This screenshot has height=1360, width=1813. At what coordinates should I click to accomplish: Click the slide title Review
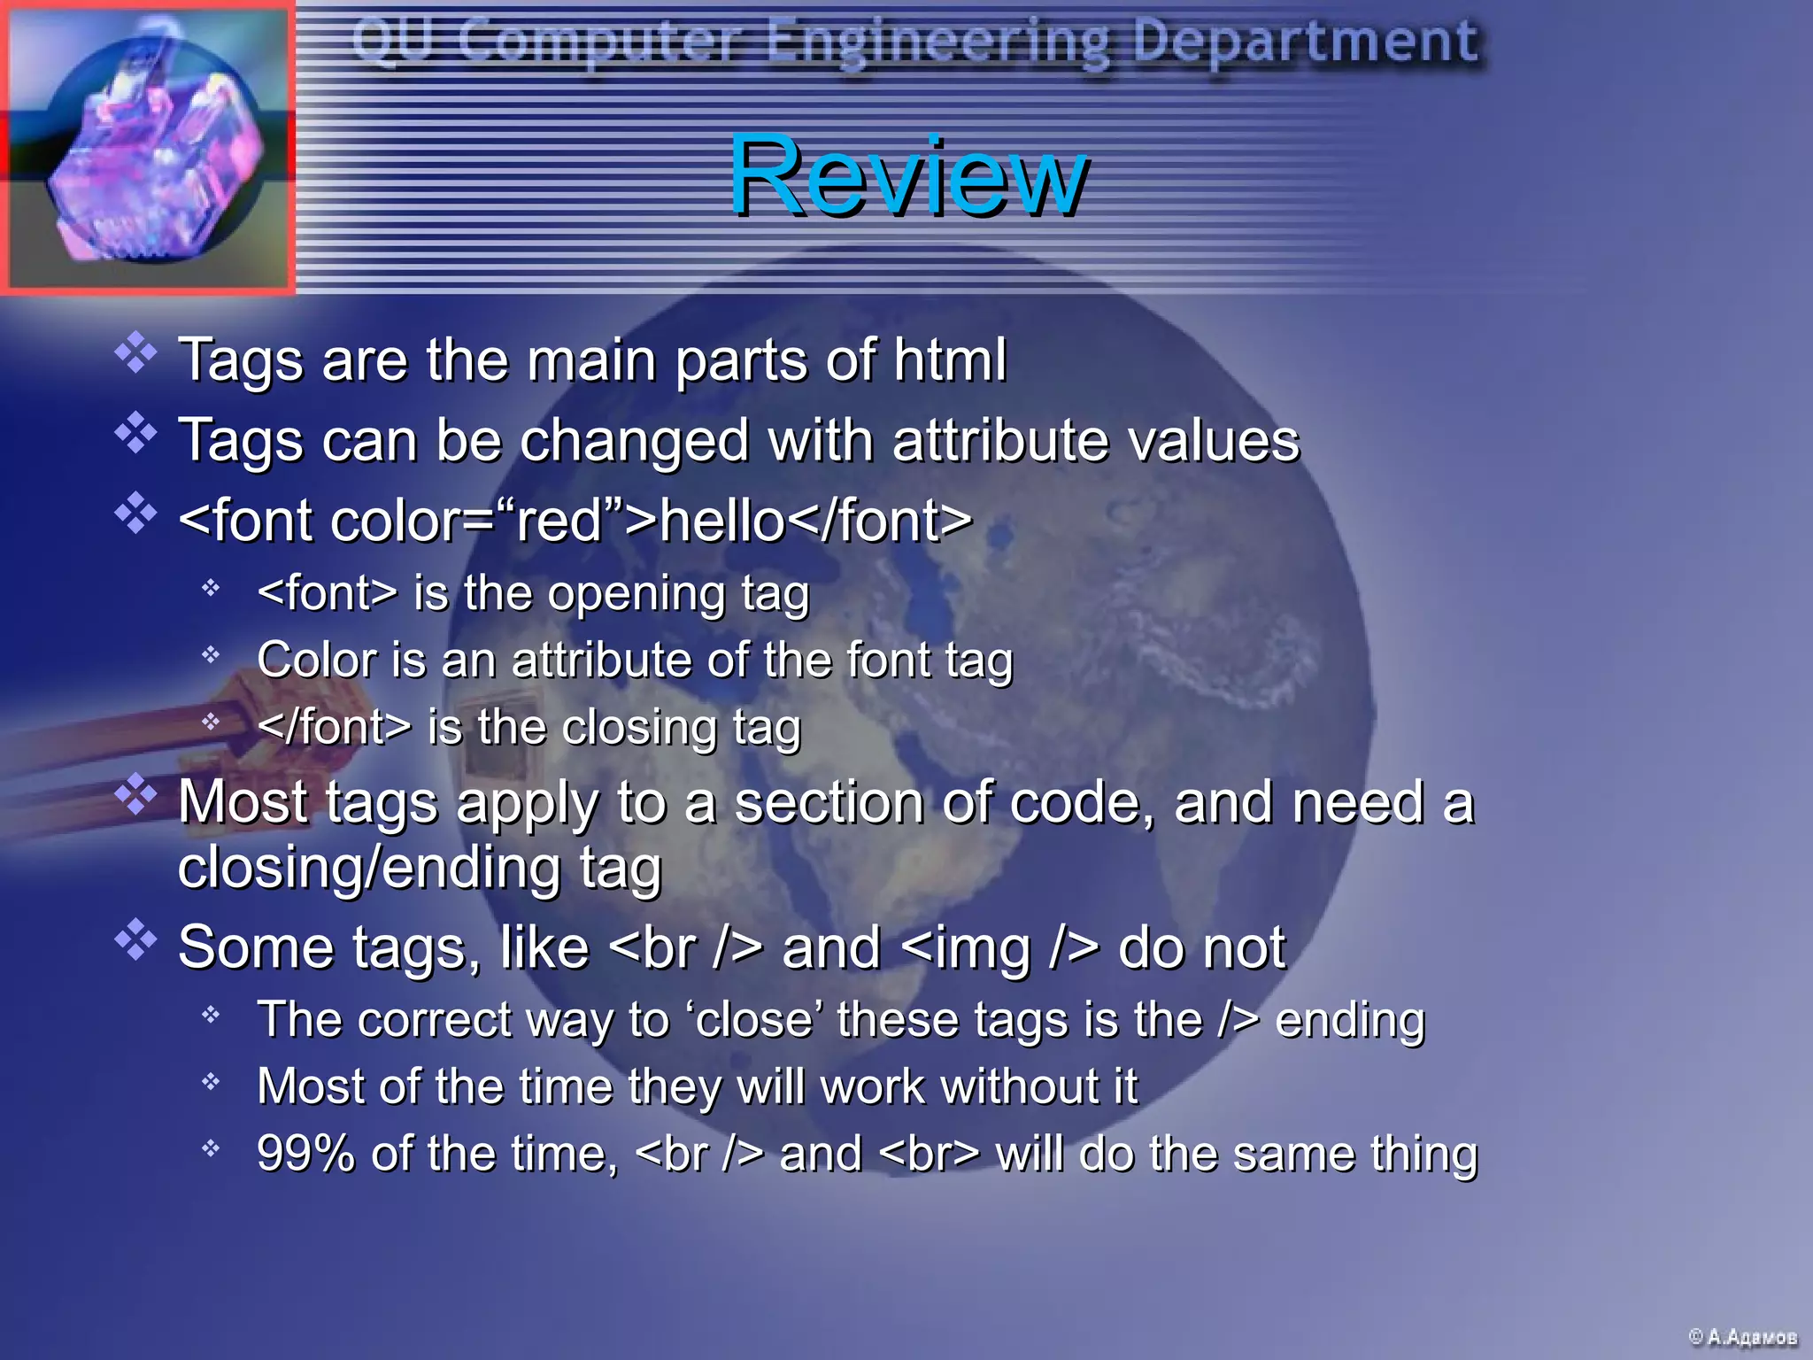pos(907,174)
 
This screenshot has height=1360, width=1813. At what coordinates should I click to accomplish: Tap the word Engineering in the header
pos(937,42)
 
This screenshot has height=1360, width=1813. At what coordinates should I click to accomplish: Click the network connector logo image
pos(148,148)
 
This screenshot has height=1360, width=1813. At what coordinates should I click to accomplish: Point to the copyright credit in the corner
pos(1742,1336)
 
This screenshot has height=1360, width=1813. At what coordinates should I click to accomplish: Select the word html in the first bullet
pos(950,359)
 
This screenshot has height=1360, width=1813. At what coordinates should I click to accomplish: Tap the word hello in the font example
pos(722,520)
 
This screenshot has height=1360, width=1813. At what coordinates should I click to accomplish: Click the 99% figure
pos(305,1154)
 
